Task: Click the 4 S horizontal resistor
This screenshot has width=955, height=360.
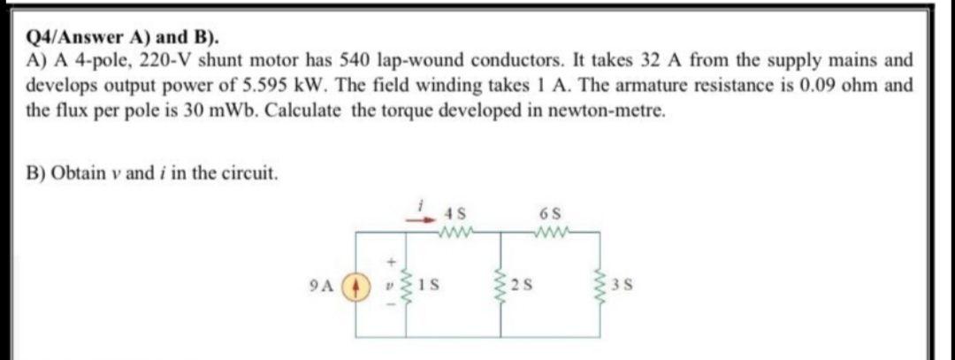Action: tap(456, 233)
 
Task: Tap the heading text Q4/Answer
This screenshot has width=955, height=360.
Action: tap(67, 39)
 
